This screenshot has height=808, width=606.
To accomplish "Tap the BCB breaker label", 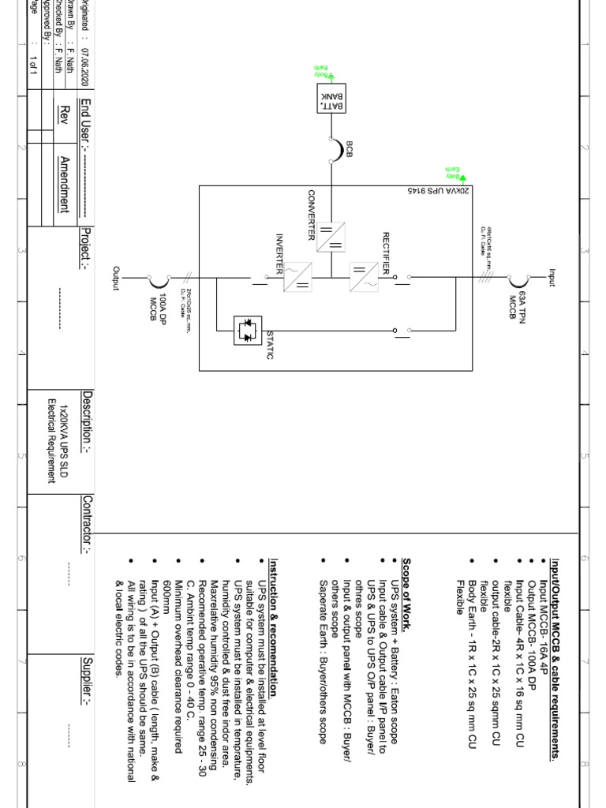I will coord(349,149).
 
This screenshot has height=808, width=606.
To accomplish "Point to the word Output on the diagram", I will coord(117,278).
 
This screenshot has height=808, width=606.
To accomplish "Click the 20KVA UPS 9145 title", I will coord(438,191).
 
